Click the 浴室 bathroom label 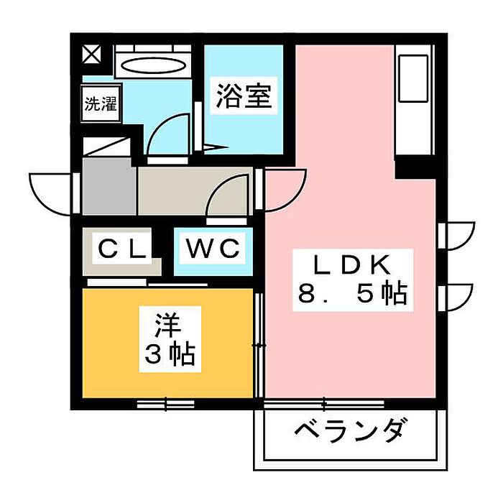pyautogui.click(x=244, y=97)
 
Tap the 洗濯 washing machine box pyautogui.click(x=100, y=103)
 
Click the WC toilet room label pyautogui.click(x=212, y=249)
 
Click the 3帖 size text pyautogui.click(x=169, y=354)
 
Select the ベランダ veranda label pyautogui.click(x=351, y=432)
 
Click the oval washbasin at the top pyautogui.click(x=152, y=65)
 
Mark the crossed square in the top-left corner pyautogui.click(x=91, y=54)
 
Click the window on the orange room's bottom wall pyautogui.click(x=165, y=404)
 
